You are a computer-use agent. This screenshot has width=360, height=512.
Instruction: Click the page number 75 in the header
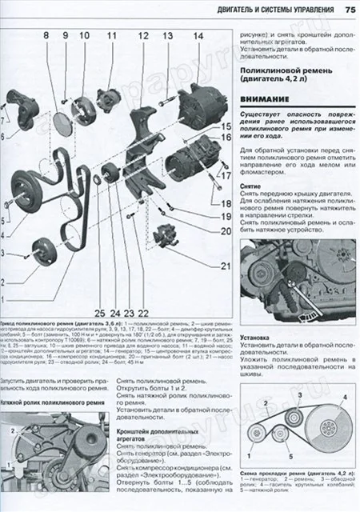click(x=349, y=9)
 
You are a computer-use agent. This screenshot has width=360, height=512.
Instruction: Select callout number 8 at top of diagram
click(x=46, y=36)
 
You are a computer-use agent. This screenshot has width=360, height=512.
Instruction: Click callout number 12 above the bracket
click(x=142, y=36)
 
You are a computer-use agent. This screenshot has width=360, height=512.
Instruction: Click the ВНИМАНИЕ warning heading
click(x=266, y=98)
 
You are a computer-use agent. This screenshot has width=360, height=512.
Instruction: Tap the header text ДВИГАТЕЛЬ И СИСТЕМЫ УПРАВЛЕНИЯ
click(x=276, y=9)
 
